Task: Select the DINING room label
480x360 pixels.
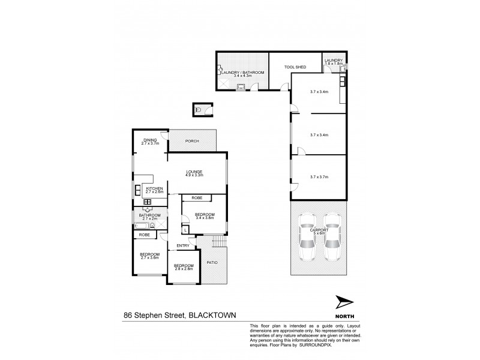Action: coord(150,140)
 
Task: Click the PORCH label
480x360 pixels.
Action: coord(192,142)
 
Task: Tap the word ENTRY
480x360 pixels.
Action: coord(183,245)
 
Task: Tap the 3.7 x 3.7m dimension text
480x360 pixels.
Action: coord(319,177)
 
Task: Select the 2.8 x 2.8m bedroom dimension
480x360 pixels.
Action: coord(184,269)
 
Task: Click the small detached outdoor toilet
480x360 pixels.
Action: coord(198,110)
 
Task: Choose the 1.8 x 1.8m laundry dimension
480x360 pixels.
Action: coord(333,65)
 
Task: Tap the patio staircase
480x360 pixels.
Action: coord(220,242)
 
